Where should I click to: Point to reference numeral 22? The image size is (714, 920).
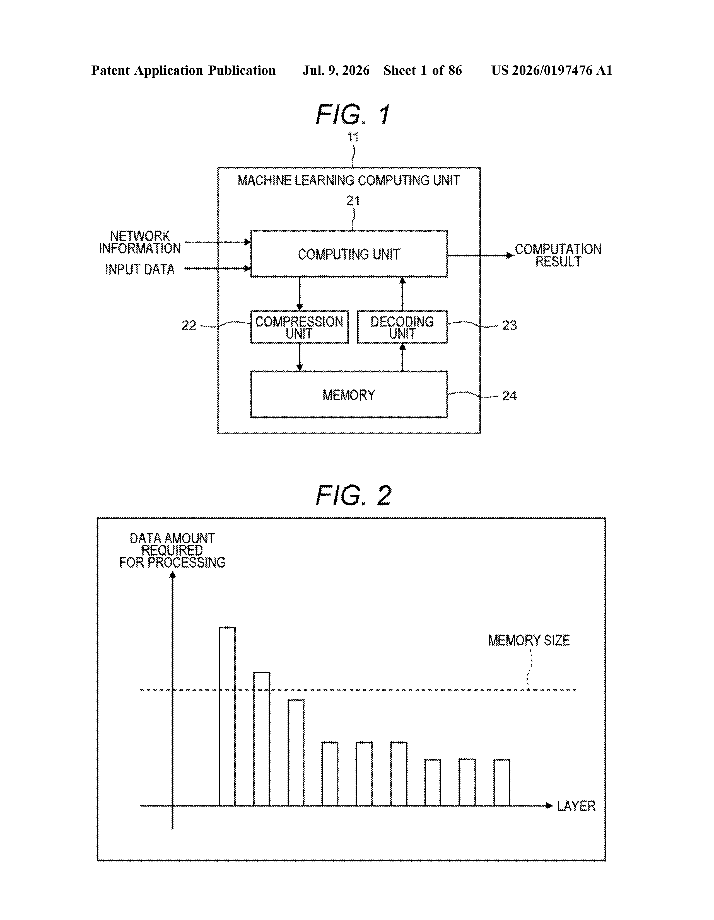(189, 325)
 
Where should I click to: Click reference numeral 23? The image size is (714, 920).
(509, 325)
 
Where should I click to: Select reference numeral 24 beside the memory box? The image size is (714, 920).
(509, 396)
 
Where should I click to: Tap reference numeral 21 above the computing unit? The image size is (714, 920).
(353, 201)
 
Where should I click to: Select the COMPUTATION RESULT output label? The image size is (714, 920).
(558, 255)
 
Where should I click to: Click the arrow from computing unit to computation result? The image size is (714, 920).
(480, 255)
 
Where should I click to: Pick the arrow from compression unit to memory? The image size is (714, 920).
(299, 357)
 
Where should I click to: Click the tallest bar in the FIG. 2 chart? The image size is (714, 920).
(227, 716)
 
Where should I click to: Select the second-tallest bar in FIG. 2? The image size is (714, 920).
(261, 739)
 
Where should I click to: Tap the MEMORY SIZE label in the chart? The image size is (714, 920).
(529, 641)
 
